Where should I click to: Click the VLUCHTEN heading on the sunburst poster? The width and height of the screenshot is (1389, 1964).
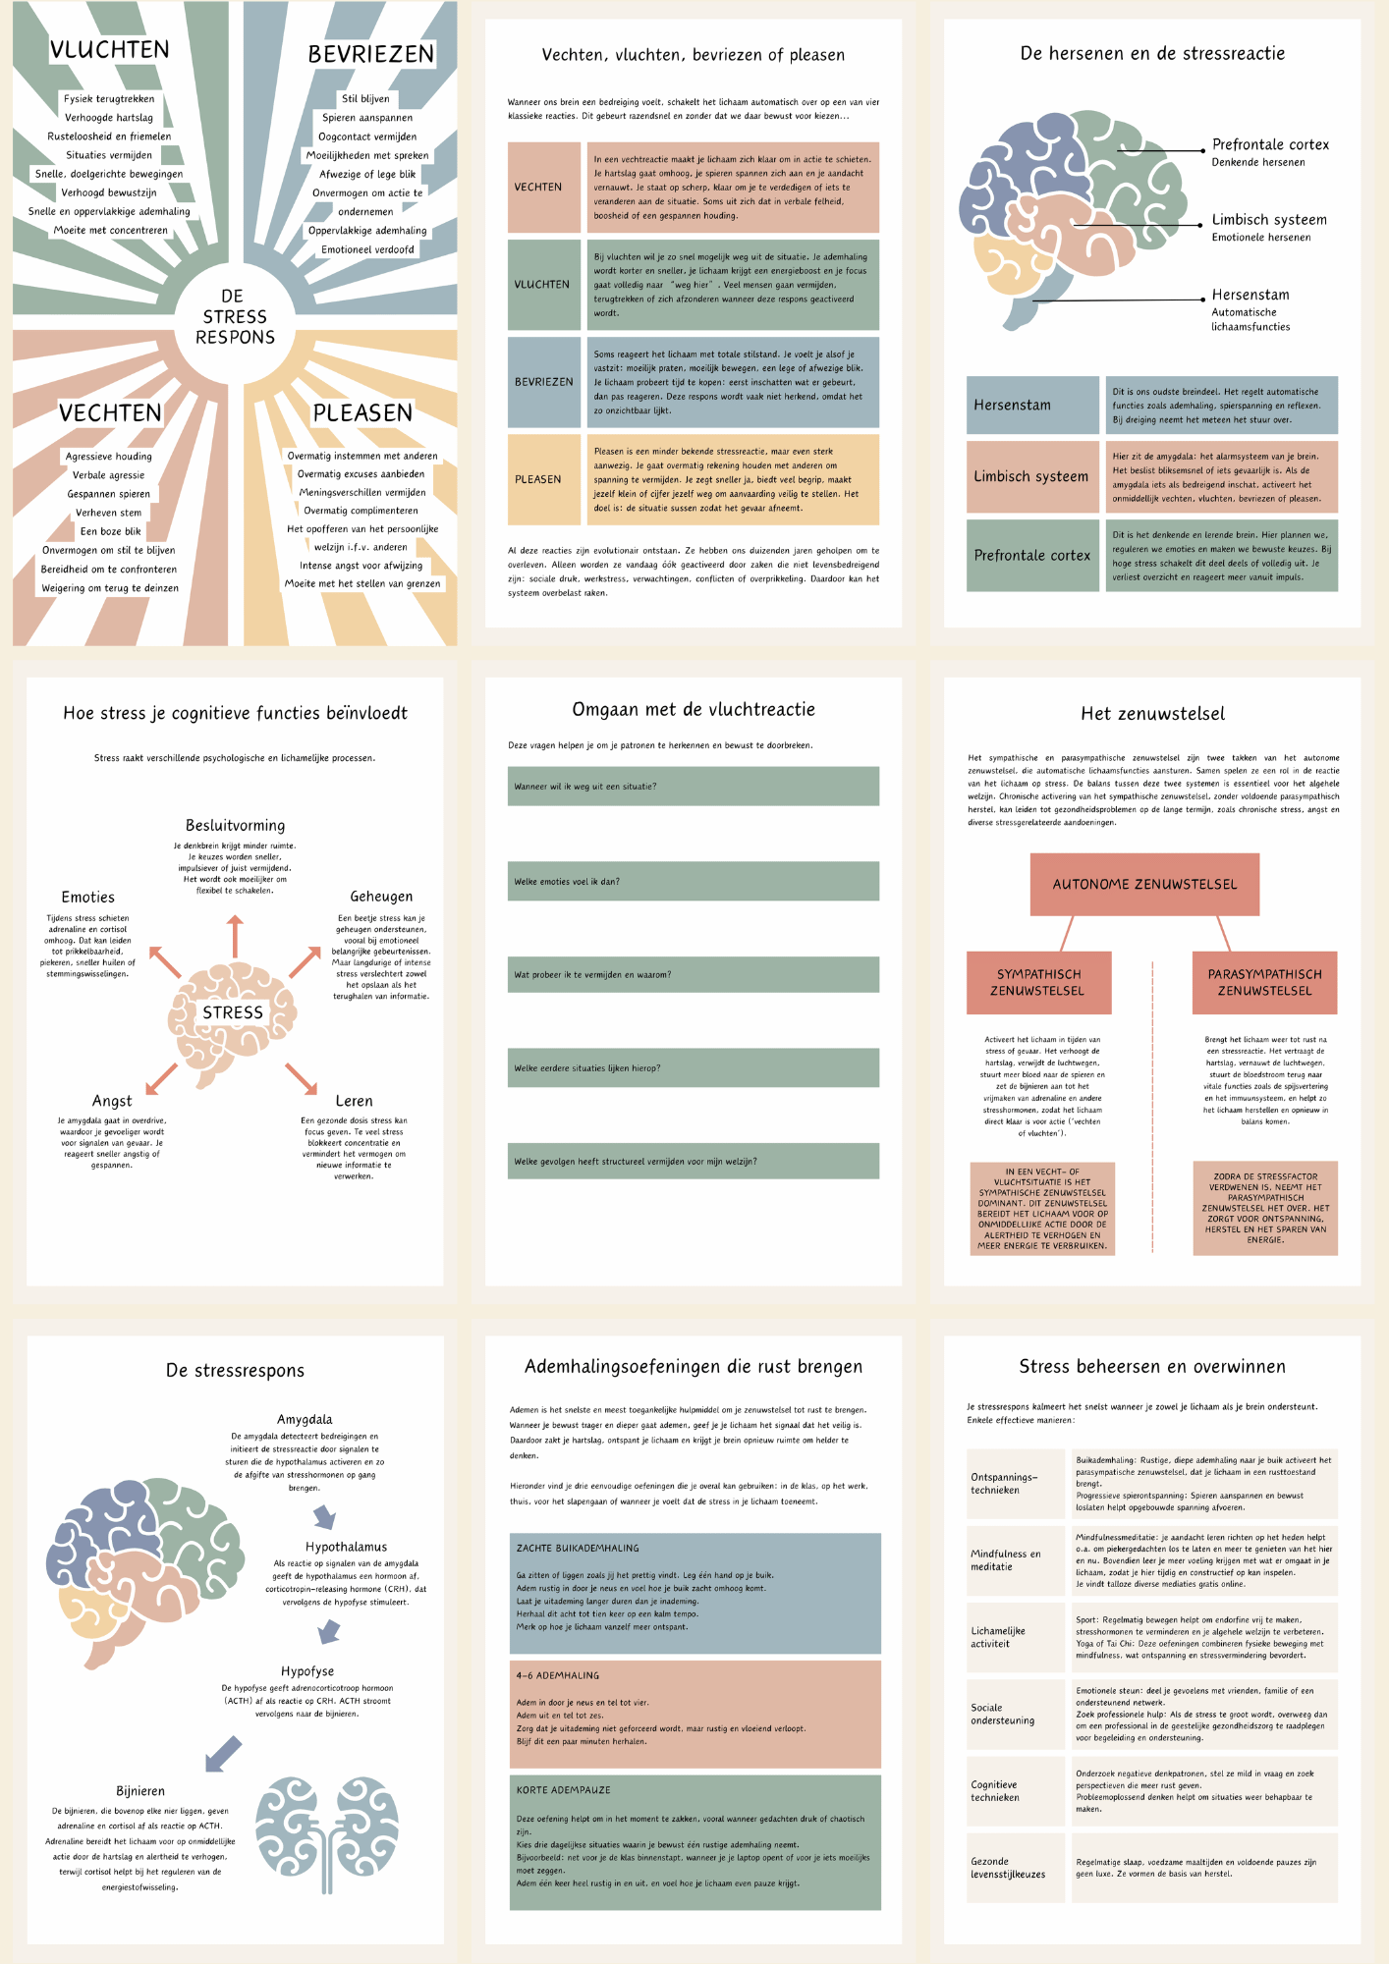110,50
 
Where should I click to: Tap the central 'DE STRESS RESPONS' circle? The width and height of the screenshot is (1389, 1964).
235,317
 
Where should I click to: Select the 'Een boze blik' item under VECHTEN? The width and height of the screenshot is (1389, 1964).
110,531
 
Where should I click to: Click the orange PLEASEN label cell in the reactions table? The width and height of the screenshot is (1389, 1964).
543,479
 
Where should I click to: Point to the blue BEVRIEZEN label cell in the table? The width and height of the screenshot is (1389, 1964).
543,382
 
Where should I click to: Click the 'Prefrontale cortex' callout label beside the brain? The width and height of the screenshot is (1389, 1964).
1269,145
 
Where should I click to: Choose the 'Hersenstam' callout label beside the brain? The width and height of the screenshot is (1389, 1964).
1250,295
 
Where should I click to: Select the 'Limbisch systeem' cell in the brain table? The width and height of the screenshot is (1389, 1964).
1031,477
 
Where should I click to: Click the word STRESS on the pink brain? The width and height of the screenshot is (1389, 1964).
233,1012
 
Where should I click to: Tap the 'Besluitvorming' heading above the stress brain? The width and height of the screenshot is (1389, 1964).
235,826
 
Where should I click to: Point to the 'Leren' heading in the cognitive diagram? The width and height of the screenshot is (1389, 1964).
354,1102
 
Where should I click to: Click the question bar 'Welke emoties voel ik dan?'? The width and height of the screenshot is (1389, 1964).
693,882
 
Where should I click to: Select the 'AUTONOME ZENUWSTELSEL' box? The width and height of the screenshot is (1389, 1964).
1144,884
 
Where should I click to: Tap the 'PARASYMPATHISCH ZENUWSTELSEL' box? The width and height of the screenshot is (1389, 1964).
1264,982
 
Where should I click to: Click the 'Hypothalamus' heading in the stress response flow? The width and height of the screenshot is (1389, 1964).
346,1547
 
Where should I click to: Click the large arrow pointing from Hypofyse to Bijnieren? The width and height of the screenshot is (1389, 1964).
224,1754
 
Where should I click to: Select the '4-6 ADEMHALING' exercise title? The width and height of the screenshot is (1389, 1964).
558,1676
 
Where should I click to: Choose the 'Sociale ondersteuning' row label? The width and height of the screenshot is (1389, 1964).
1002,1714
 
